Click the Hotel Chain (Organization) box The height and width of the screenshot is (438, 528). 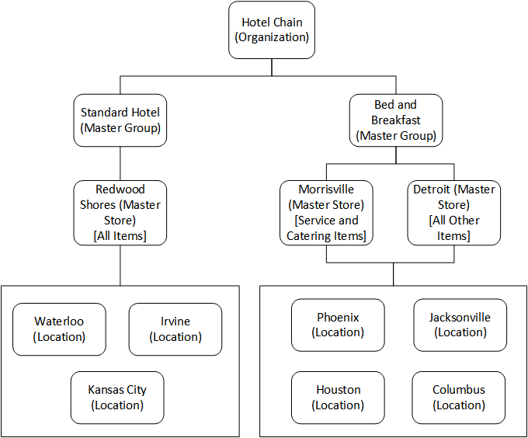pyautogui.click(x=272, y=30)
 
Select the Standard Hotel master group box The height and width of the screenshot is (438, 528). pyautogui.click(x=120, y=120)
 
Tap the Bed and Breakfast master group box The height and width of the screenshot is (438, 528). pyautogui.click(x=396, y=120)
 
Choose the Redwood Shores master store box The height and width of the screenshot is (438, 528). pyautogui.click(x=120, y=212)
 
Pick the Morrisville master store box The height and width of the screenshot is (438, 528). pyautogui.click(x=326, y=212)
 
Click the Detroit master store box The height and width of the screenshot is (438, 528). pyautogui.click(x=453, y=212)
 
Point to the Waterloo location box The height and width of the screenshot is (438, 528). pyautogui.click(x=59, y=329)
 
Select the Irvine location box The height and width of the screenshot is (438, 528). pyautogui.click(x=175, y=329)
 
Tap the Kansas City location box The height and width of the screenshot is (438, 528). pyautogui.click(x=117, y=397)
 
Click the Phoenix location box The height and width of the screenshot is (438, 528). pyautogui.click(x=339, y=325)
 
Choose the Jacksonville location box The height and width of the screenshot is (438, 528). pyautogui.click(x=460, y=325)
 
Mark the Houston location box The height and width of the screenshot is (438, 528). pyautogui.click(x=339, y=397)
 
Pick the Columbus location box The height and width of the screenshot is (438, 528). pyautogui.click(x=459, y=397)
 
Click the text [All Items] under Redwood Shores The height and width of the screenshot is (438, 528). pyautogui.click(x=120, y=235)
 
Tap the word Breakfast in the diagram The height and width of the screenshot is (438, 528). pyautogui.click(x=396, y=120)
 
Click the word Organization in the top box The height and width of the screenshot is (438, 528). pyautogui.click(x=273, y=37)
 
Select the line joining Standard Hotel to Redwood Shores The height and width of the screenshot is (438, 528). pyautogui.click(x=120, y=163)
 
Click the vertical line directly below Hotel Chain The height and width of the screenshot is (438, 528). pyautogui.click(x=272, y=67)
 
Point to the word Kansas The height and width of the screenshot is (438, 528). pyautogui.click(x=105, y=390)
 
